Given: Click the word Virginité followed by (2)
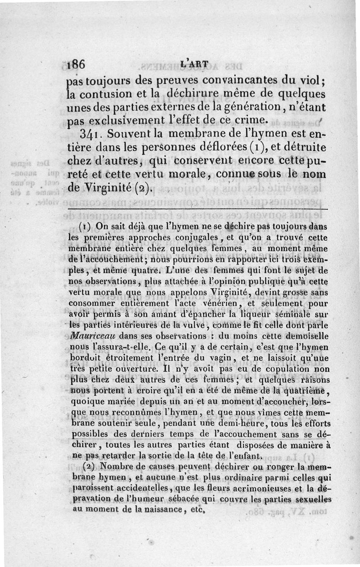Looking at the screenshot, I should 108,187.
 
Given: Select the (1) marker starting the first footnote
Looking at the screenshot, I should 85,226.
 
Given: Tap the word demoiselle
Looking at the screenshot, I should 305,335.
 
